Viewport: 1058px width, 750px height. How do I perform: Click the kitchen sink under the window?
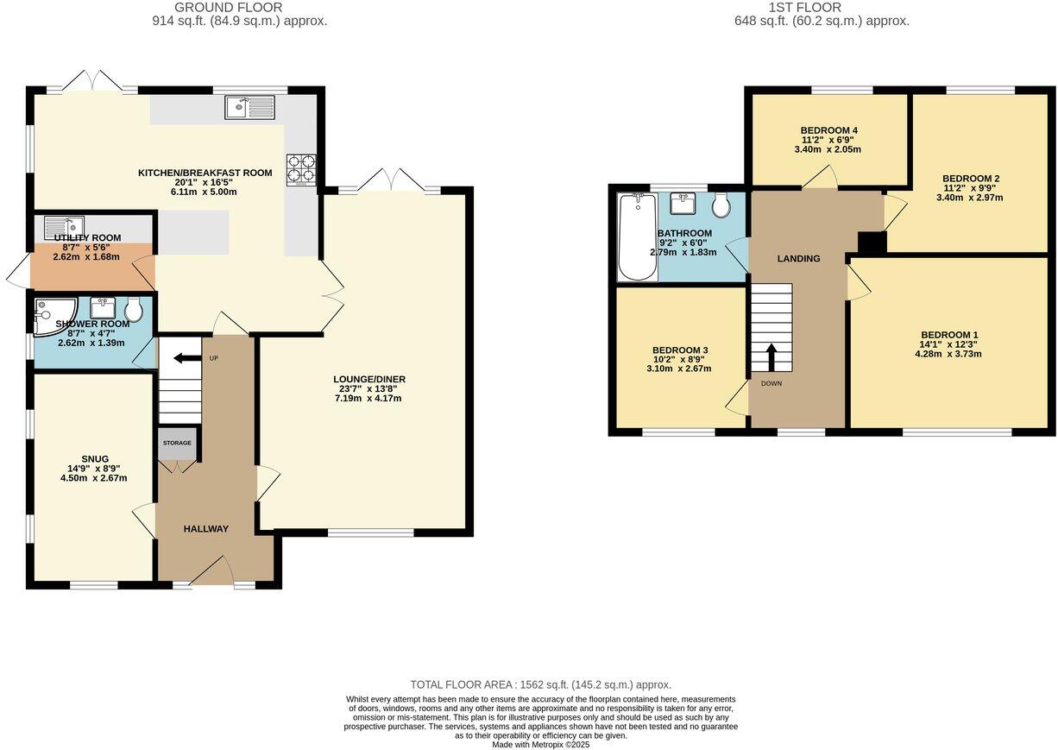point(249,108)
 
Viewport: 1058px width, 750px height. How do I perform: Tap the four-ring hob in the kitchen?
point(301,169)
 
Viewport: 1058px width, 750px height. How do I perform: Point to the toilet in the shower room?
point(134,310)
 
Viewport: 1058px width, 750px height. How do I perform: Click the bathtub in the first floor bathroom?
point(637,237)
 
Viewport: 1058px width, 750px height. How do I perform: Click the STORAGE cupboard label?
point(177,443)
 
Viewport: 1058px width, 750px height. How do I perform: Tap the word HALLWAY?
point(205,529)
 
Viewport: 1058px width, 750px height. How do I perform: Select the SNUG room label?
point(96,458)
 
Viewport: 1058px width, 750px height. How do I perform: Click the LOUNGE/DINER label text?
point(369,379)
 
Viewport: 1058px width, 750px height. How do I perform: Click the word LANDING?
point(798,258)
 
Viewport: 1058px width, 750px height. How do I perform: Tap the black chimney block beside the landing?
point(872,243)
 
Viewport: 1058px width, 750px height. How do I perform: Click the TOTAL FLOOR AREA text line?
point(540,684)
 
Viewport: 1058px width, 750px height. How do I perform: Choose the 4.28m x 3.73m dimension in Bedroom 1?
point(949,354)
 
